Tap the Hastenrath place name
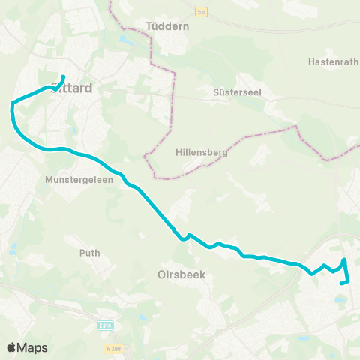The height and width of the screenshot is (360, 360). click(x=332, y=62)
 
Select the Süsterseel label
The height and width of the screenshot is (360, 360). click(x=227, y=97)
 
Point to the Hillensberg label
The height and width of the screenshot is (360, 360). click(x=197, y=151)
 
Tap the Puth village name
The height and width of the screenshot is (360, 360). click(x=89, y=253)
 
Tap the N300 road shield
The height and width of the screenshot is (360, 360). click(x=113, y=349)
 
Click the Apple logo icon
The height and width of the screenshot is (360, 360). click(x=11, y=347)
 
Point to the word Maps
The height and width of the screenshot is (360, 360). click(x=32, y=347)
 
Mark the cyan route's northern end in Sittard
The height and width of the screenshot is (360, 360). click(x=64, y=76)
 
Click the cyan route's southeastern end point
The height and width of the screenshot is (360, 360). click(x=341, y=283)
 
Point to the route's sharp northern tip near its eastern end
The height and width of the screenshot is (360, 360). click(x=344, y=259)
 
